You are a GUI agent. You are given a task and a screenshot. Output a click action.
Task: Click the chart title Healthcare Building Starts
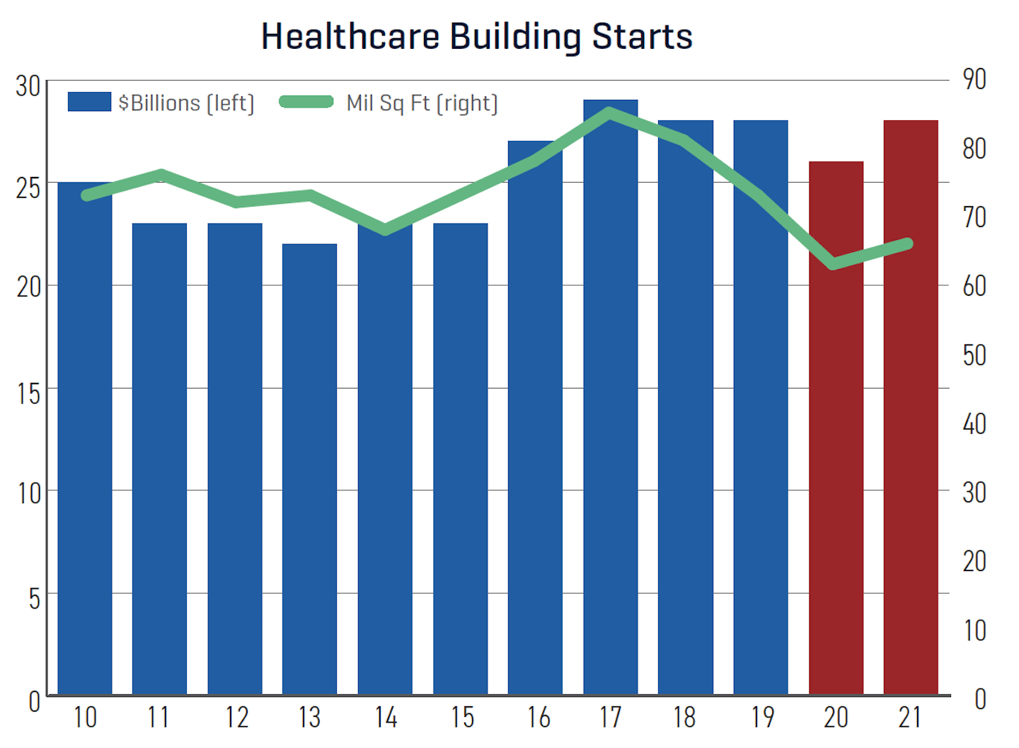pos(476,36)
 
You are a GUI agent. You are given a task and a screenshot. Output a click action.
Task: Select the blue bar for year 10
pos(85,439)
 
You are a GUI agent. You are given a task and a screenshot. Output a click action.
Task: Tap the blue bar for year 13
pos(309,467)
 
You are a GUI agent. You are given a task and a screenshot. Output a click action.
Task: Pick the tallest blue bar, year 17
pos(610,396)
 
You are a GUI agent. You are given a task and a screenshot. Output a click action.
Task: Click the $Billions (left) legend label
pos(186,103)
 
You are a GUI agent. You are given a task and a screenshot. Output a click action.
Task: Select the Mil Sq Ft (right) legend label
pos(422,103)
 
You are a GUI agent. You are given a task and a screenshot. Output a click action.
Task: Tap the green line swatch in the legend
pos(306,102)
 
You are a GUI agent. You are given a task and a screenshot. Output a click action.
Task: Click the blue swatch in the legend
pos(89,102)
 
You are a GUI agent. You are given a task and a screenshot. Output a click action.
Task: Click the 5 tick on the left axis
pos(34,599)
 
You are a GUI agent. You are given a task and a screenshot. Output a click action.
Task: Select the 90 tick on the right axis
pos(974,79)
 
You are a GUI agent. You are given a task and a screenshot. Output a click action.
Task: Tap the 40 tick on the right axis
pos(974,424)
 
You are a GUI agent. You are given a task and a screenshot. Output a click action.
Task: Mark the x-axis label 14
pos(386,718)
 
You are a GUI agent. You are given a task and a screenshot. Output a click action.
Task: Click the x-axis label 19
pos(762,718)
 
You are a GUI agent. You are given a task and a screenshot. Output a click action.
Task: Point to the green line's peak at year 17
pos(609,111)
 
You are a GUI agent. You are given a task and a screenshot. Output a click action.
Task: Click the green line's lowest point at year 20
pos(834,264)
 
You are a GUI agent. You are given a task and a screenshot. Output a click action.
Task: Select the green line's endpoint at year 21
pos(909,244)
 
